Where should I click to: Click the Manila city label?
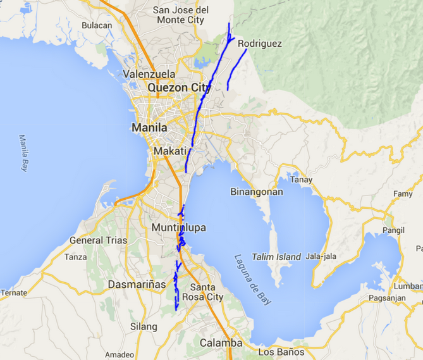click(x=149, y=128)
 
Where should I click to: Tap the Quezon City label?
click(x=179, y=88)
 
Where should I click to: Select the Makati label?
click(x=170, y=152)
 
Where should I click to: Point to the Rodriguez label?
click(x=260, y=44)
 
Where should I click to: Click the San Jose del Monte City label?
click(x=181, y=15)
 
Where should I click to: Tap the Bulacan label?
click(x=97, y=25)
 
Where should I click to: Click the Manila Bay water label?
click(x=24, y=153)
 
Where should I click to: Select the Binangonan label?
click(x=257, y=192)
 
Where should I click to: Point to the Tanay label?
click(x=302, y=180)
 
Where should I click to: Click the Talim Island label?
click(x=276, y=257)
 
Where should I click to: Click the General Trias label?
click(x=98, y=240)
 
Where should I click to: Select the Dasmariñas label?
click(x=137, y=285)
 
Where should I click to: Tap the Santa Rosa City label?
click(x=202, y=292)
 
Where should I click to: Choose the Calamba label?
click(x=221, y=343)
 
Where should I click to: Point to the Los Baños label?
click(x=281, y=352)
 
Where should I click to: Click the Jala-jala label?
click(x=321, y=256)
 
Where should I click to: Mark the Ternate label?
click(x=14, y=293)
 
